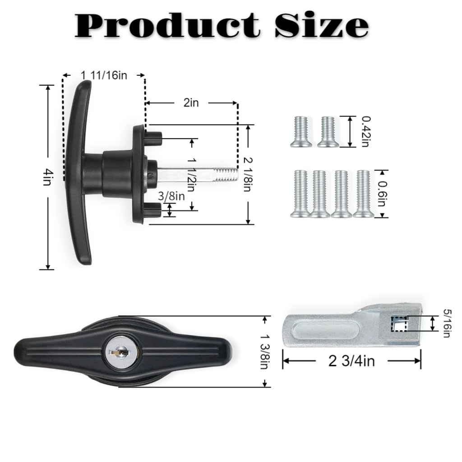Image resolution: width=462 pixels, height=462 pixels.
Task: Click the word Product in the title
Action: point(167,26)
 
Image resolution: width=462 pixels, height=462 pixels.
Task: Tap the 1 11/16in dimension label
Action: point(104,75)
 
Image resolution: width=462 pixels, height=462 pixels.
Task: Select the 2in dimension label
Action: point(191,103)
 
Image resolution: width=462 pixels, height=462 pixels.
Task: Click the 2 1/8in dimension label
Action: point(248,174)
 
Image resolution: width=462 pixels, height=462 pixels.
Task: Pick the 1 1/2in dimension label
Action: point(193,174)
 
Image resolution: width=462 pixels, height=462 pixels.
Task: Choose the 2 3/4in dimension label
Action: point(351,361)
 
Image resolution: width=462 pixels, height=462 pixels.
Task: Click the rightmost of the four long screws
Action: point(363,193)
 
